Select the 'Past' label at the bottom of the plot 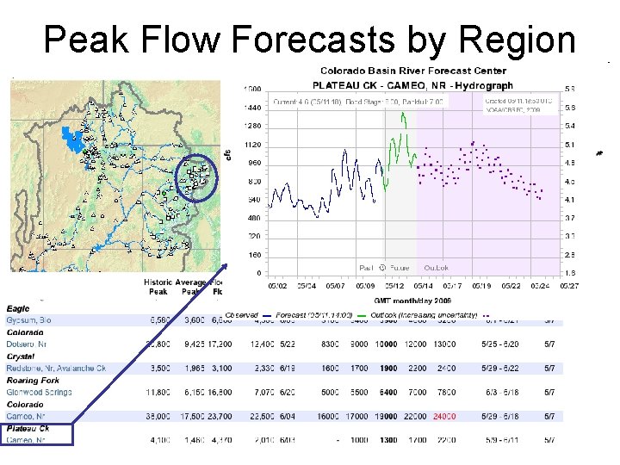367,268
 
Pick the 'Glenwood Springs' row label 39,393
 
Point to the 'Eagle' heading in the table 18,307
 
